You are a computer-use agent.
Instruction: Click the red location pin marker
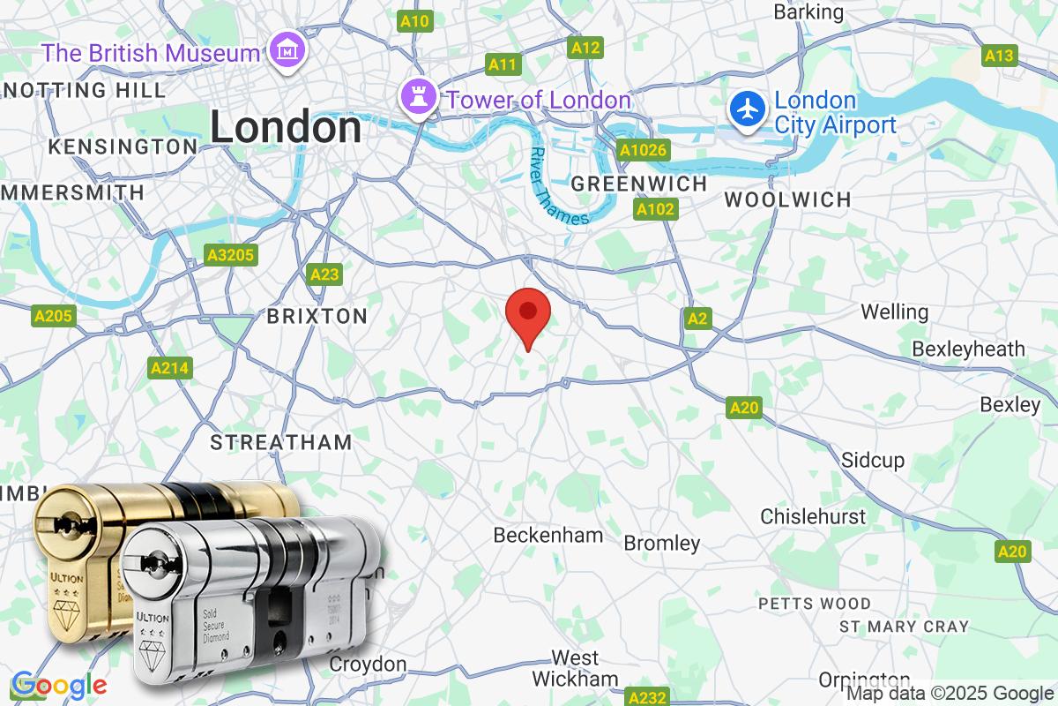[528, 313]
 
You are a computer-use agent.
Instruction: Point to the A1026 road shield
[643, 150]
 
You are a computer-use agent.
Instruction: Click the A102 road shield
[655, 209]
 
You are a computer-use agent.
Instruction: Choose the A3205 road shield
[230, 256]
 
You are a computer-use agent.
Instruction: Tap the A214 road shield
[170, 368]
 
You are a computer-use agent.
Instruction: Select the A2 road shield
[697, 319]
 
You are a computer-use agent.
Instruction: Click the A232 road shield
[645, 697]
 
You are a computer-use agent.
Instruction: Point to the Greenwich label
[639, 184]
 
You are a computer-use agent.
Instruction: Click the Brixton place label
[317, 316]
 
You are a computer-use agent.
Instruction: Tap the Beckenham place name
[548, 535]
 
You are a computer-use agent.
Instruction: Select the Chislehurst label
[813, 515]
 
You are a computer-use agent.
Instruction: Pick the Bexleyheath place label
[968, 349]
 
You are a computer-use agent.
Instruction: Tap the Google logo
[58, 685]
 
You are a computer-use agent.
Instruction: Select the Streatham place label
[280, 442]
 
